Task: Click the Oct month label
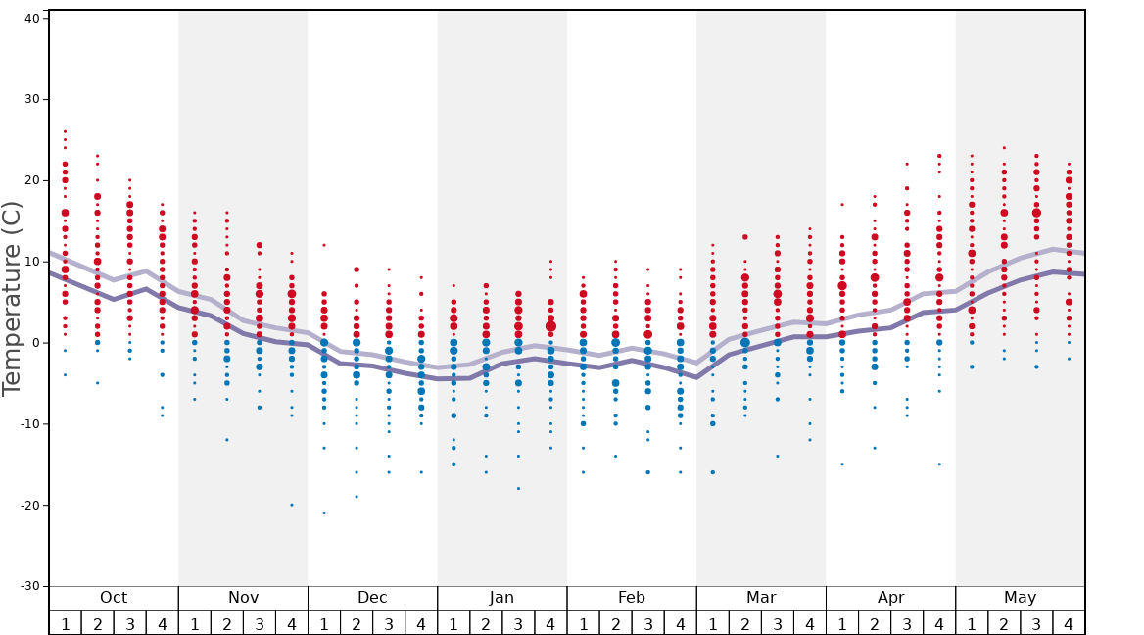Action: [x=114, y=598]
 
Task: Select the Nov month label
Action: [x=243, y=598]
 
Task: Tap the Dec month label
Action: [x=372, y=598]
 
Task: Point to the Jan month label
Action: [x=501, y=598]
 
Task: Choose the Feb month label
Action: [x=632, y=598]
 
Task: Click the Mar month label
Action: [x=761, y=598]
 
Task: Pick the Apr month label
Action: [x=890, y=598]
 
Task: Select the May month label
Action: [x=1020, y=598]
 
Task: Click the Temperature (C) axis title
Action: [x=12, y=299]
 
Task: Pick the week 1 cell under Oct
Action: [x=65, y=623]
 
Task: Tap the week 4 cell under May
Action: [x=1069, y=623]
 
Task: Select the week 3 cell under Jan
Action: [x=518, y=623]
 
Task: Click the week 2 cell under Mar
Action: [x=745, y=623]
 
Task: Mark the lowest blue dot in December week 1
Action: [x=324, y=513]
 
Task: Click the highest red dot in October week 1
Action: [x=65, y=131]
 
